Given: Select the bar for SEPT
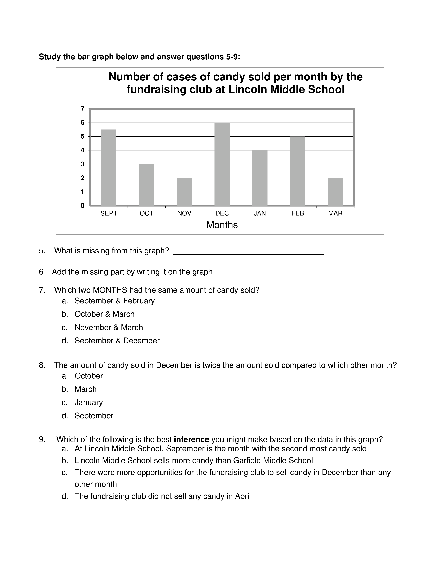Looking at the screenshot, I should (109, 167).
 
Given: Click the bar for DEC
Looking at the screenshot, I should (222, 164).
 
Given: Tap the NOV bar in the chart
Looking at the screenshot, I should (184, 192).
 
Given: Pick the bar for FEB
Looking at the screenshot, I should (298, 171).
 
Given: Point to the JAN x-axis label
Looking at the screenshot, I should (260, 213).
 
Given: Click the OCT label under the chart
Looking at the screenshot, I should (146, 213).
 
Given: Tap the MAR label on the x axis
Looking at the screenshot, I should (335, 213).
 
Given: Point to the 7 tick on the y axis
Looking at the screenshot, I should (82, 109).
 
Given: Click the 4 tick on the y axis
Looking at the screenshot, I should (82, 150).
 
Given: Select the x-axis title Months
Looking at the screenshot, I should (222, 225).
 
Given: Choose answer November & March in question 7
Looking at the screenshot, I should (109, 327).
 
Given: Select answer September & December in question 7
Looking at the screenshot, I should (117, 341).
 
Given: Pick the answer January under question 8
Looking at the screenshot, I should (89, 402).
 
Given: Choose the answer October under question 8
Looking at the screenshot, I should (89, 376).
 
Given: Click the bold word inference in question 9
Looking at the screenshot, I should (191, 439).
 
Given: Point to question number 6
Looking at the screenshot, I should (42, 272).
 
